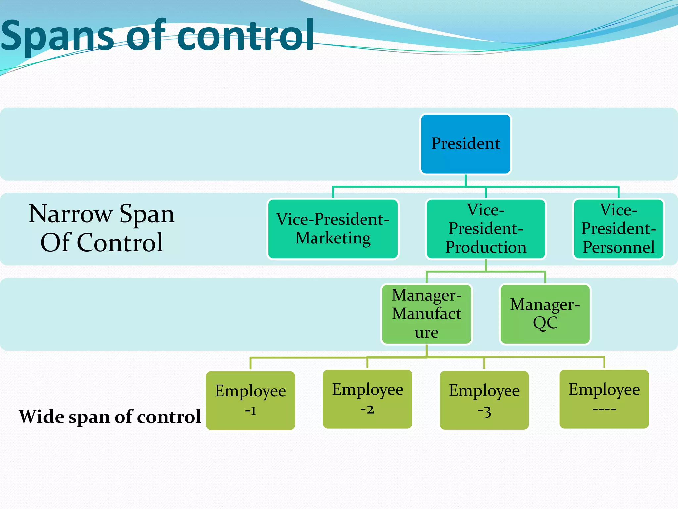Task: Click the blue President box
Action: coord(465,144)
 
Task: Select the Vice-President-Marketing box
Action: coord(333,229)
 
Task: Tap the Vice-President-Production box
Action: coord(486,229)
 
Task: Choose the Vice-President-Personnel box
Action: coord(618,229)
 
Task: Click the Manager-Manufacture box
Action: coord(426,314)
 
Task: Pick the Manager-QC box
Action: coord(545,314)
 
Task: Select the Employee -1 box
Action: coord(250,400)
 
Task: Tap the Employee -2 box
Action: coord(367,399)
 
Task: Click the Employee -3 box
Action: coord(484,400)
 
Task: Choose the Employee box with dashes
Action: coord(604,399)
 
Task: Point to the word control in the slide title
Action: coord(245,36)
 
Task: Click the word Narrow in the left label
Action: coord(70,214)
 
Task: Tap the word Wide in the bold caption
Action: coord(41,417)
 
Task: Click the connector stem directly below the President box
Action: coord(465,180)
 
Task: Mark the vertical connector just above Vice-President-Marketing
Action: coord(333,193)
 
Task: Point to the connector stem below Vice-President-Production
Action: coord(486,265)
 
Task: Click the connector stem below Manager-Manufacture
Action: coord(426,351)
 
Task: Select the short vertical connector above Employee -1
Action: coord(250,364)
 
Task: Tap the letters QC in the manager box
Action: coord(545,323)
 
